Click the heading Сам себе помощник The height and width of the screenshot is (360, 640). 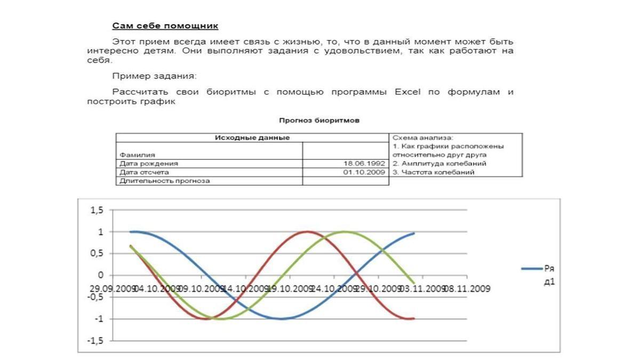click(165, 26)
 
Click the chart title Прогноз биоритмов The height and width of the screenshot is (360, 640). click(319, 121)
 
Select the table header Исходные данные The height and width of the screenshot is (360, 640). click(252, 138)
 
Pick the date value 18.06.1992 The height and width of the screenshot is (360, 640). click(364, 163)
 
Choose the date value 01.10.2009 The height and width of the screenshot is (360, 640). click(364, 172)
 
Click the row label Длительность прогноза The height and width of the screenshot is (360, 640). click(165, 181)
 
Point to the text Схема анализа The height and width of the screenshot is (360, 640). click(422, 138)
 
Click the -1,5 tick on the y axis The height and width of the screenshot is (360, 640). click(95, 340)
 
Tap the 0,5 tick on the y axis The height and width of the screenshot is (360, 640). click(97, 253)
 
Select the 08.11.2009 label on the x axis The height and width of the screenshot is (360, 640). click(468, 289)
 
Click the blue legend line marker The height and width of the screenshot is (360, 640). click(531, 269)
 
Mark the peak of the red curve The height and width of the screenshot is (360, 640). click(307, 231)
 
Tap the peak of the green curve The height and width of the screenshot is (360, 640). click(344, 231)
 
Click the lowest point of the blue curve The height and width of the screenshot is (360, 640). click(282, 319)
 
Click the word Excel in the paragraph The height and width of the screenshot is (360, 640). click(407, 92)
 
